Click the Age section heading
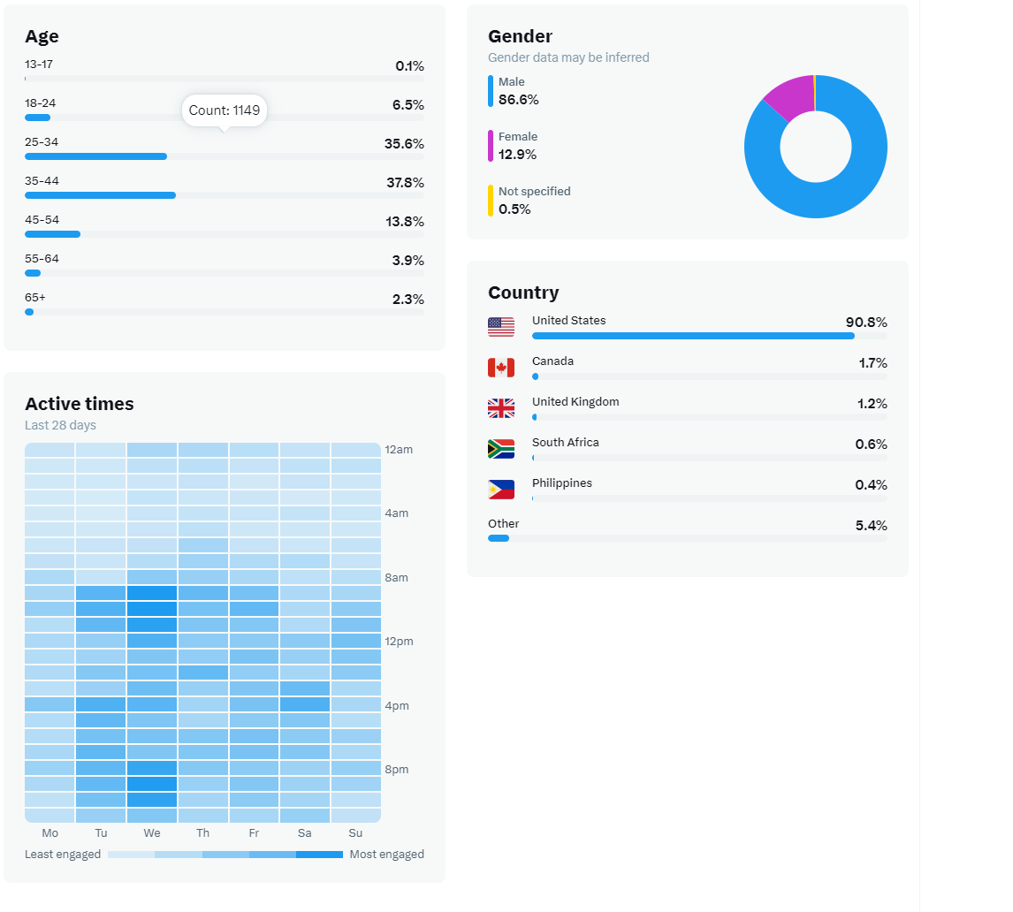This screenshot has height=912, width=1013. point(42,36)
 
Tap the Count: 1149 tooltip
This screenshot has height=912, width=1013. point(225,110)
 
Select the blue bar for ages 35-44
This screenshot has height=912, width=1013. point(100,195)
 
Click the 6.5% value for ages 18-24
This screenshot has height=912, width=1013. point(407,105)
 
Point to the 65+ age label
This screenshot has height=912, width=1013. point(35,298)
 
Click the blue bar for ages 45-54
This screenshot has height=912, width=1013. point(52,234)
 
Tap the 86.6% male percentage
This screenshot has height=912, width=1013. point(518,100)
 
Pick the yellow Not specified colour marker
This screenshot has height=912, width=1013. point(491,201)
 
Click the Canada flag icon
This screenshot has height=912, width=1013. point(501,368)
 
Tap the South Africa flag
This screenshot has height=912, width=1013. point(501,449)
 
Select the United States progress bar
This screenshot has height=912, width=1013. point(693,336)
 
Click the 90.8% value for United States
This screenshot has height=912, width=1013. point(865,323)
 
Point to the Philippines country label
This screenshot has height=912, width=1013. point(561,483)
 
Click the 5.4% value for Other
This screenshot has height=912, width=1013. point(871,526)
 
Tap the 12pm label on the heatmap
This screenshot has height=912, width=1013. point(399,641)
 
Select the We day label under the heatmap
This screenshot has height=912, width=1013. point(152,833)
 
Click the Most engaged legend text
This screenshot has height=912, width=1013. point(386,855)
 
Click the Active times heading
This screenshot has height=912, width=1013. point(80,404)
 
